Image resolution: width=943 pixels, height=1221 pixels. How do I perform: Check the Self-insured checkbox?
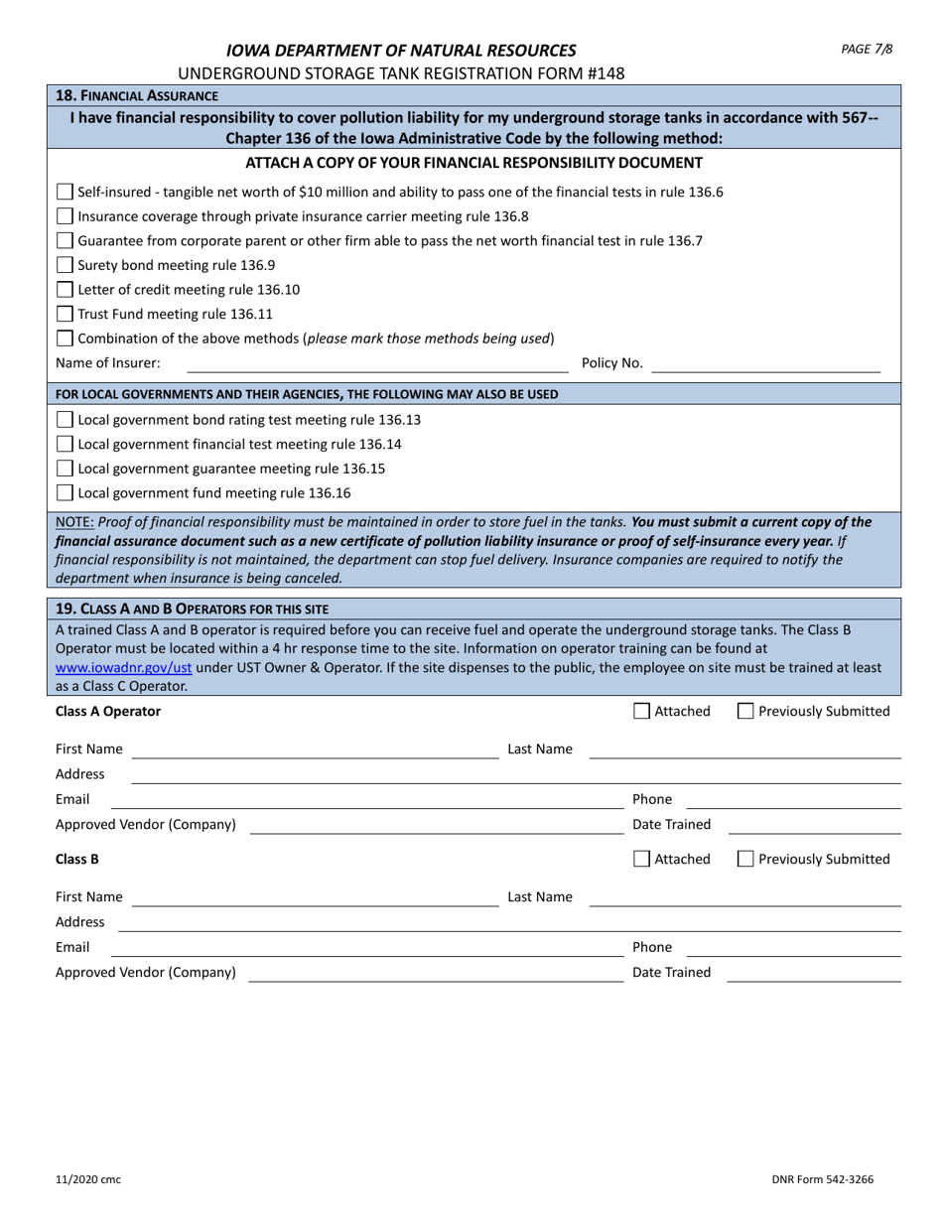(x=65, y=192)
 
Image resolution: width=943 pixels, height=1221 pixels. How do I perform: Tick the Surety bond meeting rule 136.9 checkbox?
(x=65, y=265)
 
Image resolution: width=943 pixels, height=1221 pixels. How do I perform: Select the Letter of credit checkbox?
(x=65, y=290)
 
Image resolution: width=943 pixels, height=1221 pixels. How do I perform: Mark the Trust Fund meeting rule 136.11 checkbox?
(x=65, y=314)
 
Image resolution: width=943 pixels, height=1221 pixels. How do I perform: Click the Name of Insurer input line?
(x=377, y=364)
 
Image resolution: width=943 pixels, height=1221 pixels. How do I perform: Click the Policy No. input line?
(x=766, y=364)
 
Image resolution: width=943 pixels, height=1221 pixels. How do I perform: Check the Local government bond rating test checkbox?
(x=65, y=420)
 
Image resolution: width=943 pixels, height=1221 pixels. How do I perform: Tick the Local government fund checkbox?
(x=65, y=493)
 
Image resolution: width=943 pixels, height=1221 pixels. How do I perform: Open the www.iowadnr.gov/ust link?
(x=123, y=668)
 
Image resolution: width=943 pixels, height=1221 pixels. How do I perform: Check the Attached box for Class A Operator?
(x=641, y=711)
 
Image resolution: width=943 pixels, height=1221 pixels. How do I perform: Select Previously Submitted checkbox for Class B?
(x=745, y=860)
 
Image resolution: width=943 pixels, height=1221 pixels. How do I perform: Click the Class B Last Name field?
(x=744, y=897)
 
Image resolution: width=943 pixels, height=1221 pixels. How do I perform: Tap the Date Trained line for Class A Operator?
(x=814, y=825)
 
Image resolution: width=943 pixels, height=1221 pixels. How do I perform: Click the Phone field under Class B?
(x=793, y=948)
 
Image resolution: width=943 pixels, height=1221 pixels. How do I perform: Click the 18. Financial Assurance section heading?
(x=137, y=95)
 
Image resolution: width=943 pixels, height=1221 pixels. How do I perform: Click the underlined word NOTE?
(x=74, y=522)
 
